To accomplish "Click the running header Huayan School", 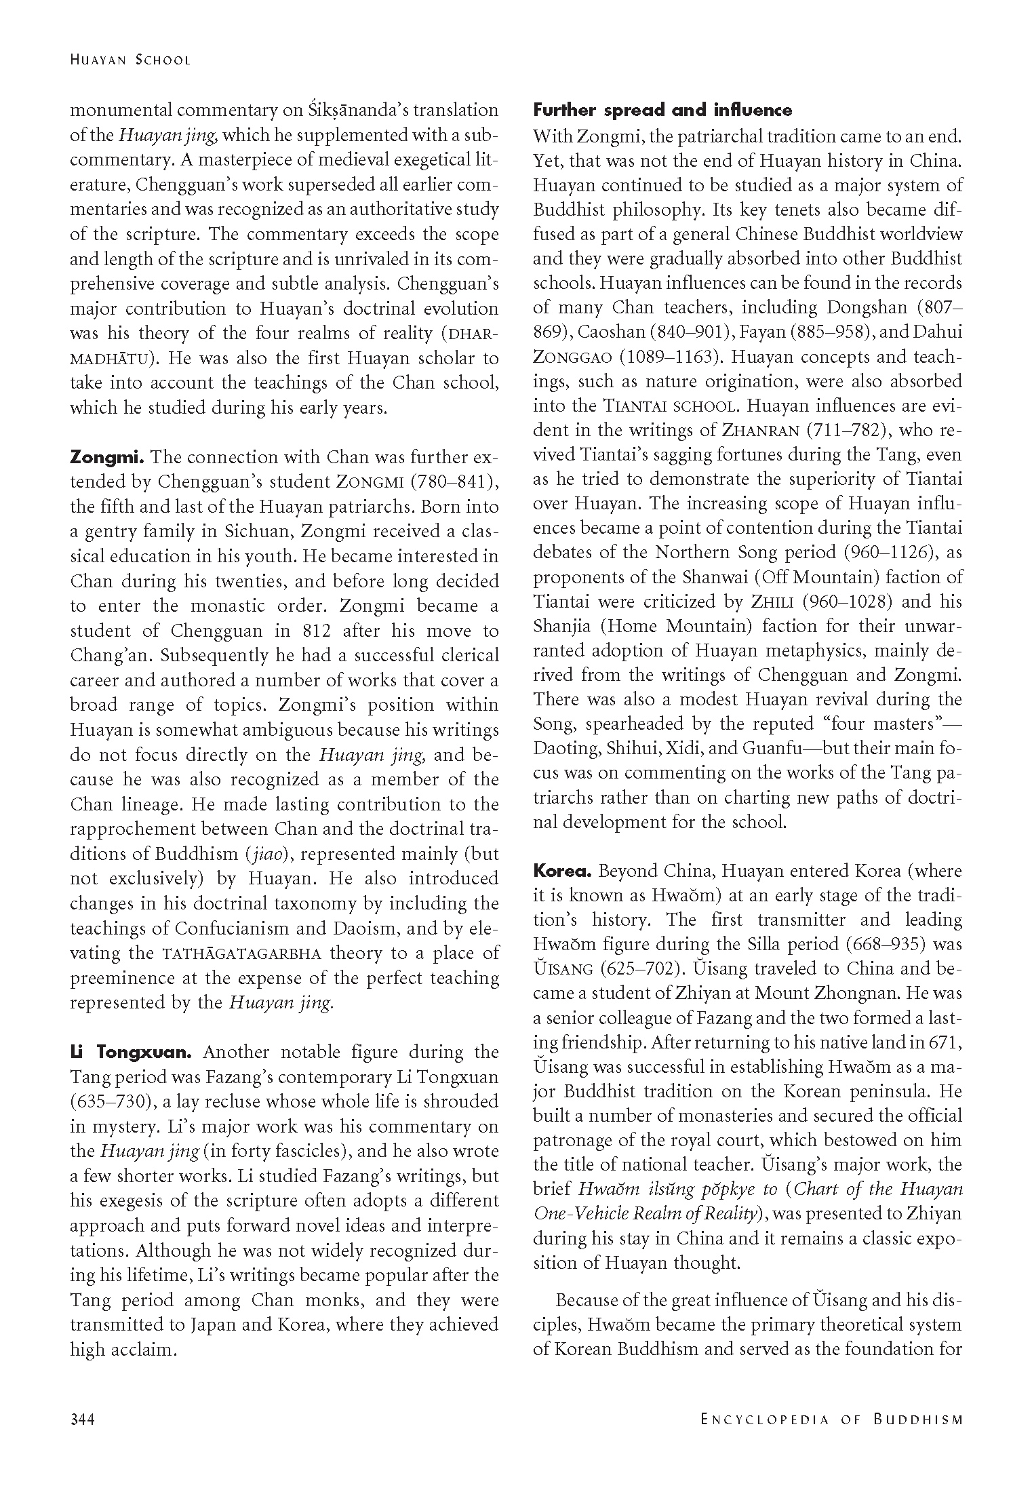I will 130,60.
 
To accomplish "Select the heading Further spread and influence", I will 662,111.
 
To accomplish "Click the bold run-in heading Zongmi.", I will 102,457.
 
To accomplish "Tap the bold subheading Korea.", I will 563,870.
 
